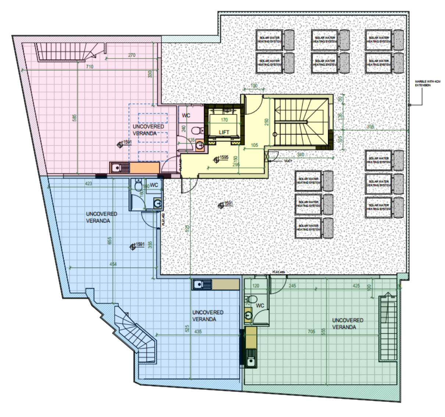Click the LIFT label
click(224, 132)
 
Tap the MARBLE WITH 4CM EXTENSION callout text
click(427, 83)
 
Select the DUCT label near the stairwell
click(288, 161)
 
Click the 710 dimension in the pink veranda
click(89, 67)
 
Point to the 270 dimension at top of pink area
click(132, 55)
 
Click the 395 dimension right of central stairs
click(371, 127)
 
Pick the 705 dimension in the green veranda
click(311, 332)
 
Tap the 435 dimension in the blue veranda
click(198, 332)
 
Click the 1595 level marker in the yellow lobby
click(223, 158)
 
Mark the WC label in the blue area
click(154, 185)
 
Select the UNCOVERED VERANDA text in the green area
click(348, 324)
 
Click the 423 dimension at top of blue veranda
click(88, 183)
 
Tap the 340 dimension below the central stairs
click(300, 155)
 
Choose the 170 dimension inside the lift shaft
click(224, 120)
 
